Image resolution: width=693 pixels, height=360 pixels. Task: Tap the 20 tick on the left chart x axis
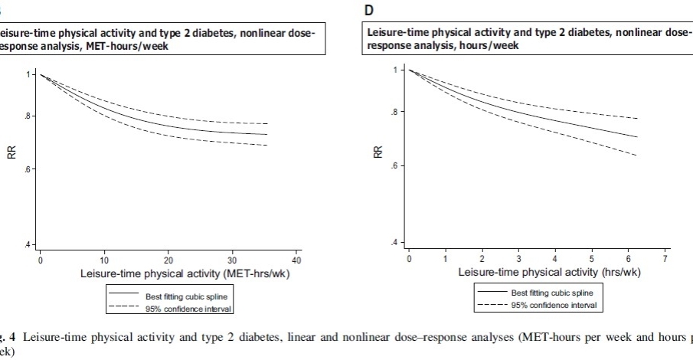click(x=168, y=261)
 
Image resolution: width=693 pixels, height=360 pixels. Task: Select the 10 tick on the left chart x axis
click(x=105, y=261)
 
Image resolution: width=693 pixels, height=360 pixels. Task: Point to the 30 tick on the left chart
click(x=233, y=261)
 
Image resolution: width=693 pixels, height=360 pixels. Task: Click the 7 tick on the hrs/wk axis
click(x=665, y=260)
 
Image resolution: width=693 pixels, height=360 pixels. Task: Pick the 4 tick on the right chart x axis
click(x=555, y=260)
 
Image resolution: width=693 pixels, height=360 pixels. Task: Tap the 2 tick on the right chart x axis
click(x=482, y=260)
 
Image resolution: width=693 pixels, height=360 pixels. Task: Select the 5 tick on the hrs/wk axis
click(x=592, y=260)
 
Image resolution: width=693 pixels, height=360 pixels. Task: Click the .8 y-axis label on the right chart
click(x=395, y=113)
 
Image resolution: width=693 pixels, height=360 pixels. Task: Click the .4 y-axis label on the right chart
click(x=395, y=243)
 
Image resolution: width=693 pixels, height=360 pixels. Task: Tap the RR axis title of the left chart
click(x=11, y=153)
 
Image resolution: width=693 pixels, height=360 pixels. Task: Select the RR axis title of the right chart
click(x=378, y=152)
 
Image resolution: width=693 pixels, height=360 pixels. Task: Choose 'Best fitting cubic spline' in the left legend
click(x=186, y=296)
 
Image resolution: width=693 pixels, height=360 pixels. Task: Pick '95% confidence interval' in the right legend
click(x=553, y=306)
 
